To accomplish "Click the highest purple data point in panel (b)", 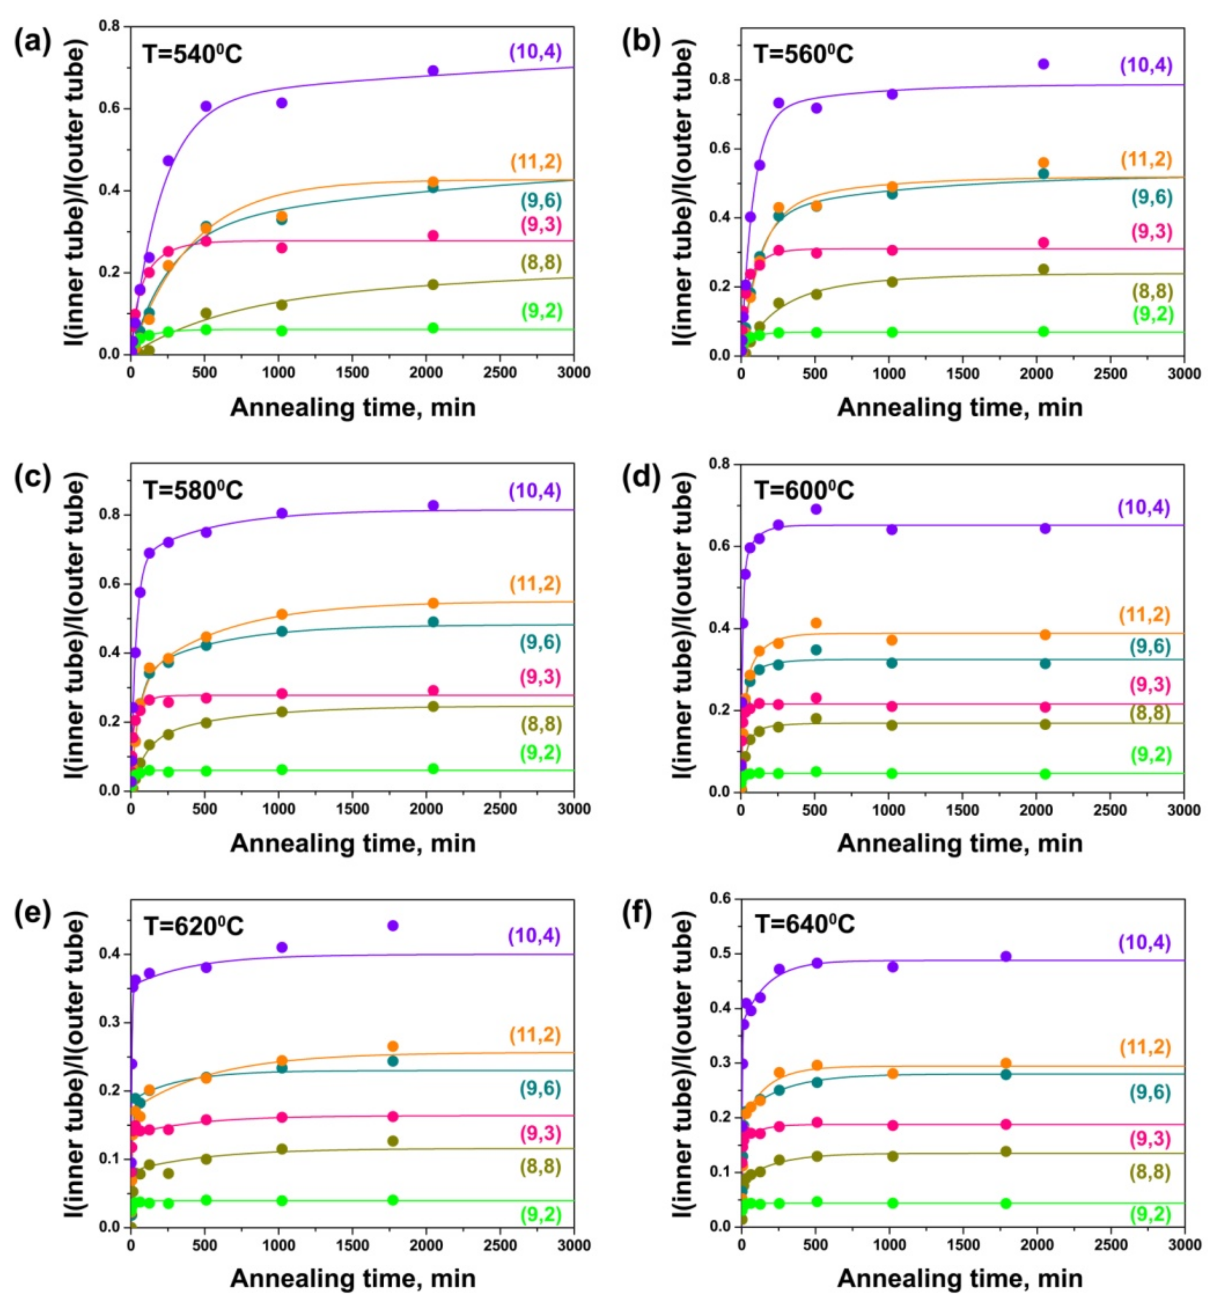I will [x=1043, y=64].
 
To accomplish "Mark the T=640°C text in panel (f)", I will [x=803, y=925].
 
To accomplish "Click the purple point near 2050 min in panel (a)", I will [x=433, y=70].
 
